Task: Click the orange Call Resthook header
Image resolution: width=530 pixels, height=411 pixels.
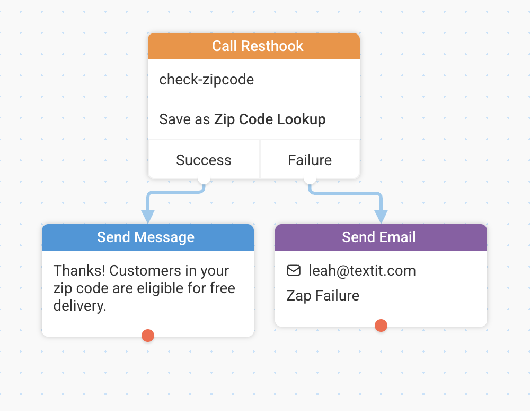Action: pos(254,46)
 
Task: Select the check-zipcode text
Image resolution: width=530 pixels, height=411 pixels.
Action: pos(207,80)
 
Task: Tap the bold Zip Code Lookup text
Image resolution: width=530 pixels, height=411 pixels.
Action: pos(270,119)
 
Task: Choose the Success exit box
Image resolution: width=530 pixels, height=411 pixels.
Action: pos(204,160)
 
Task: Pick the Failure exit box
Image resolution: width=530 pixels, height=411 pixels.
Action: pos(310,160)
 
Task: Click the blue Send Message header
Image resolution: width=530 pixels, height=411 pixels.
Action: pos(148,237)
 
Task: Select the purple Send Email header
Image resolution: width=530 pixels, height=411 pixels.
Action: pos(381,237)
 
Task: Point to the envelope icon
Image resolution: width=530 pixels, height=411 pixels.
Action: pos(294,270)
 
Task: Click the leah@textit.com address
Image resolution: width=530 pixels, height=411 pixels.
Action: pos(362,270)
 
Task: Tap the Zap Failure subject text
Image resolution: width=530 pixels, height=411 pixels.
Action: pos(323,296)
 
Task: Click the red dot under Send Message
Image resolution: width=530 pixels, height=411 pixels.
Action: pos(148,336)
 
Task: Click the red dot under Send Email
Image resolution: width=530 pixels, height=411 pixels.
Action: pos(381,326)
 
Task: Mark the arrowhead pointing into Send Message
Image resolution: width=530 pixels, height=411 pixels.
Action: pos(148,217)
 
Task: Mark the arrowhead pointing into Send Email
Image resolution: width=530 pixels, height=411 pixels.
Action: pos(381,217)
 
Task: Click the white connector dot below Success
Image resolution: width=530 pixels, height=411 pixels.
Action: pos(204,179)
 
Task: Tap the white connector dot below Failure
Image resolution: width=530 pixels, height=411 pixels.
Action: pos(310,179)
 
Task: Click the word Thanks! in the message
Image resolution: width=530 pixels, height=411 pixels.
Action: pos(79,270)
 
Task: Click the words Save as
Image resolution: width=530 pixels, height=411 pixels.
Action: pos(184,119)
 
